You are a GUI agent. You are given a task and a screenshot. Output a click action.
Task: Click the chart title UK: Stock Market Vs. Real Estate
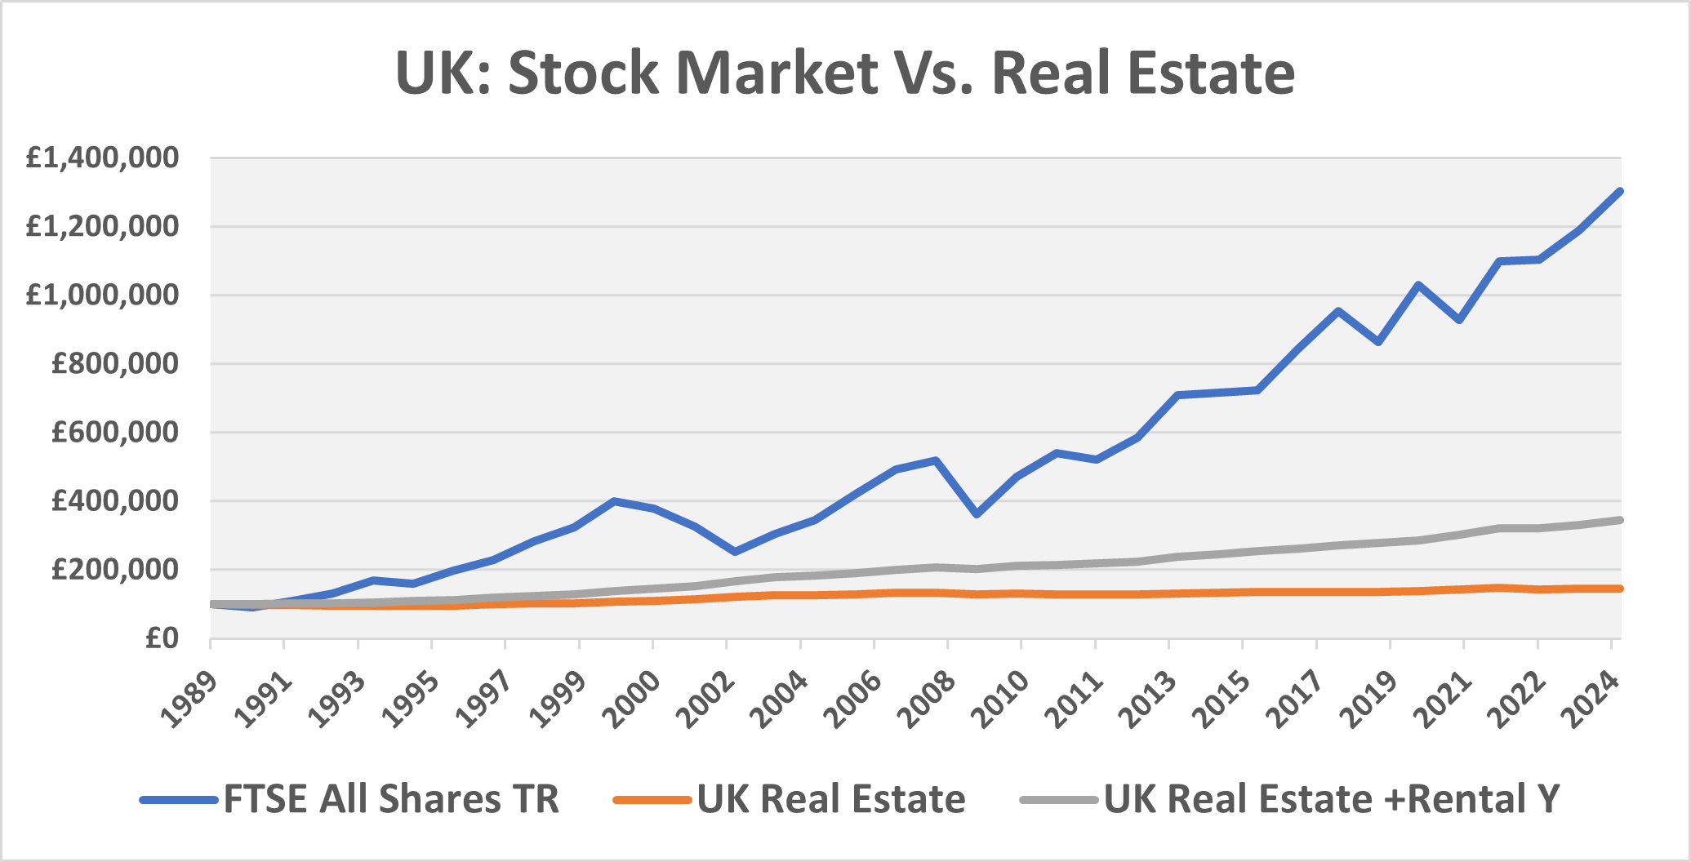tap(844, 73)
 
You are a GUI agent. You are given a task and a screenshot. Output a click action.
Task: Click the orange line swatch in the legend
tap(652, 800)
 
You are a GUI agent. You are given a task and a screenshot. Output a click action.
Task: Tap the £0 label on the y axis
tap(161, 638)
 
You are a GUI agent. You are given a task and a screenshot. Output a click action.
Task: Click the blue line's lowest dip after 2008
tap(977, 515)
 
